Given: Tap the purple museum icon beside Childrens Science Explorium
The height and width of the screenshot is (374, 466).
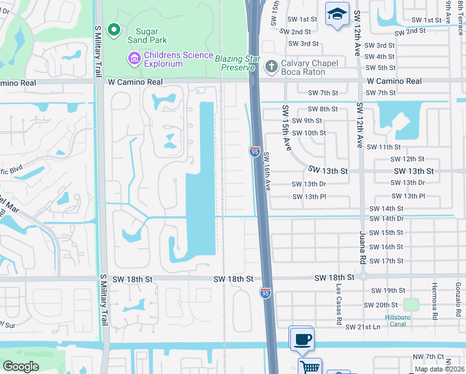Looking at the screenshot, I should click(134, 59).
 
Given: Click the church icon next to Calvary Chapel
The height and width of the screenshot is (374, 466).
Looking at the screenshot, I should click(271, 67).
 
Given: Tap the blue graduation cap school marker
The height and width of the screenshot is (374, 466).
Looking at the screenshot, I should click(336, 14).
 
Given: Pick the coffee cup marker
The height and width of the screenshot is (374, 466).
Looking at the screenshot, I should click(303, 339).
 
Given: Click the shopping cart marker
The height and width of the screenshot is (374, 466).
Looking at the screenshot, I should click(309, 367).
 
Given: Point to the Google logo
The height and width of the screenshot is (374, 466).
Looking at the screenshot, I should click(21, 366).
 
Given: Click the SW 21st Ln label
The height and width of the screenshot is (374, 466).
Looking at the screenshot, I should click(363, 327).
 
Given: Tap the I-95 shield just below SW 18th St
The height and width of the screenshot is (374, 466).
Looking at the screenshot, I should click(265, 292).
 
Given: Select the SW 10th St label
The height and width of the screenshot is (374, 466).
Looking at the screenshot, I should click(309, 133).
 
